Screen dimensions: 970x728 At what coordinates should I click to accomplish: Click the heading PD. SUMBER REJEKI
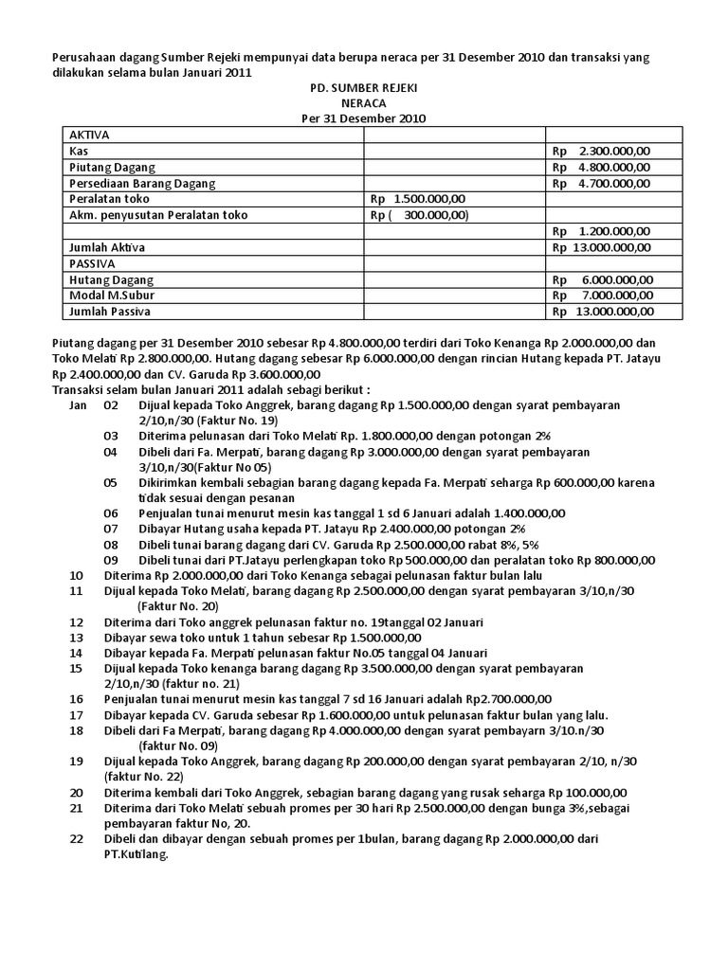click(363, 87)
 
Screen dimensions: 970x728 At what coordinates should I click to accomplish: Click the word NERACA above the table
click(363, 102)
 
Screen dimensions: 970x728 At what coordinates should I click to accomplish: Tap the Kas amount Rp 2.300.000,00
click(601, 151)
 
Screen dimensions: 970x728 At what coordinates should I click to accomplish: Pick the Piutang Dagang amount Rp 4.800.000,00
click(601, 167)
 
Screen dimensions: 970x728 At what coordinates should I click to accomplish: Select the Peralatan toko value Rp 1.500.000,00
click(418, 199)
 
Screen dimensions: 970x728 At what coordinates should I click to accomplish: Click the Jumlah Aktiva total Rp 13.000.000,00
click(601, 247)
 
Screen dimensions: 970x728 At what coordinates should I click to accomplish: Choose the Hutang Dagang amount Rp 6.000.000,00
click(601, 279)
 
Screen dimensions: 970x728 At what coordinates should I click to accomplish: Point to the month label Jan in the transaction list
click(79, 404)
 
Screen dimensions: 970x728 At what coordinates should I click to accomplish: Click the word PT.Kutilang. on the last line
click(136, 855)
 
